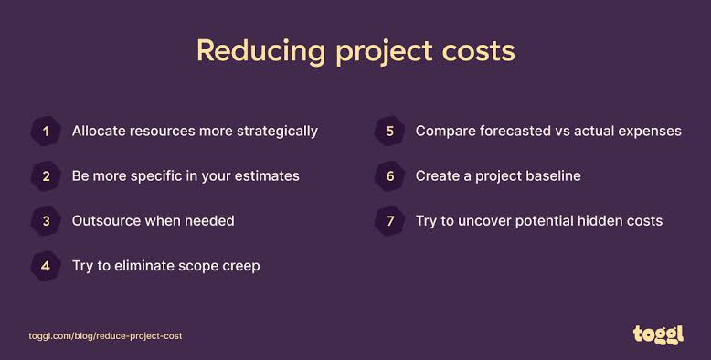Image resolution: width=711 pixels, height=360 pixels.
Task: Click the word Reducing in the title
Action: [x=260, y=52]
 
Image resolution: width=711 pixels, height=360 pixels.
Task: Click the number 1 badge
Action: [x=46, y=131]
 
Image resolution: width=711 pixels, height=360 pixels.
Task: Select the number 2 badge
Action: [x=46, y=176]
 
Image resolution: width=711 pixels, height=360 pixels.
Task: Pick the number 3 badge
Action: [x=46, y=221]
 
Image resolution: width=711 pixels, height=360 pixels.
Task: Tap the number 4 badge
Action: [x=46, y=266]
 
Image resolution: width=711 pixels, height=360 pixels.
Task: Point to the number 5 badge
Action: [x=389, y=131]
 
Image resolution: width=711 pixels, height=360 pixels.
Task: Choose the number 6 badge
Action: [x=389, y=176]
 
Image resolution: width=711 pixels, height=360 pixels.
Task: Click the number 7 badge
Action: [x=389, y=221]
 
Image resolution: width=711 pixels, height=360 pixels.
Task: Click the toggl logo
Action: [x=658, y=335]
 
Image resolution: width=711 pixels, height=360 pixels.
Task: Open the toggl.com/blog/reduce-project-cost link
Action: [x=105, y=336]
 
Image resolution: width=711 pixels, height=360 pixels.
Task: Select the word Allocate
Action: [x=99, y=131]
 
